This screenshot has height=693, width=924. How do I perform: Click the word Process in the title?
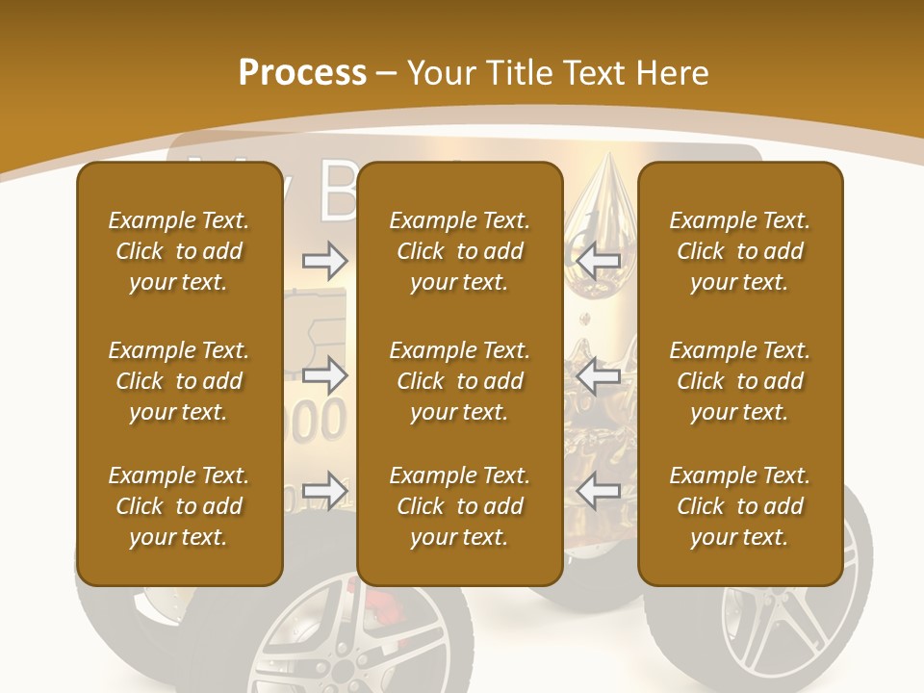pyautogui.click(x=302, y=72)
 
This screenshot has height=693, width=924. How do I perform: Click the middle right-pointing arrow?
pyautogui.click(x=324, y=375)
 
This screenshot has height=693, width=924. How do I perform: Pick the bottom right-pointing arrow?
pyautogui.click(x=324, y=491)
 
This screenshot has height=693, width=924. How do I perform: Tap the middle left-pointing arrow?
pyautogui.click(x=598, y=375)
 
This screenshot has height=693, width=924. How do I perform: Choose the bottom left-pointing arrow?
pyautogui.click(x=598, y=491)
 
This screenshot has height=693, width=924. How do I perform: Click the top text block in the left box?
pyautogui.click(x=179, y=251)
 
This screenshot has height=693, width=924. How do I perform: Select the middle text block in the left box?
pyautogui.click(x=179, y=381)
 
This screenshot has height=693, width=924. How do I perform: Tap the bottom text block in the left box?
pyautogui.click(x=179, y=506)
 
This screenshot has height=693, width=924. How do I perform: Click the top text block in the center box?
pyautogui.click(x=459, y=251)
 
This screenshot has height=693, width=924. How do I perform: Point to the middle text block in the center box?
pyautogui.click(x=459, y=381)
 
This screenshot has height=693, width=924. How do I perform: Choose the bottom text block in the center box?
pyautogui.click(x=459, y=506)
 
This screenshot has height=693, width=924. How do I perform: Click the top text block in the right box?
pyautogui.click(x=739, y=251)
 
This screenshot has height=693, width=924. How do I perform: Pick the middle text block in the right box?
pyautogui.click(x=739, y=381)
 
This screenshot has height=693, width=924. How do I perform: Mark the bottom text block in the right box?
pyautogui.click(x=739, y=506)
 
